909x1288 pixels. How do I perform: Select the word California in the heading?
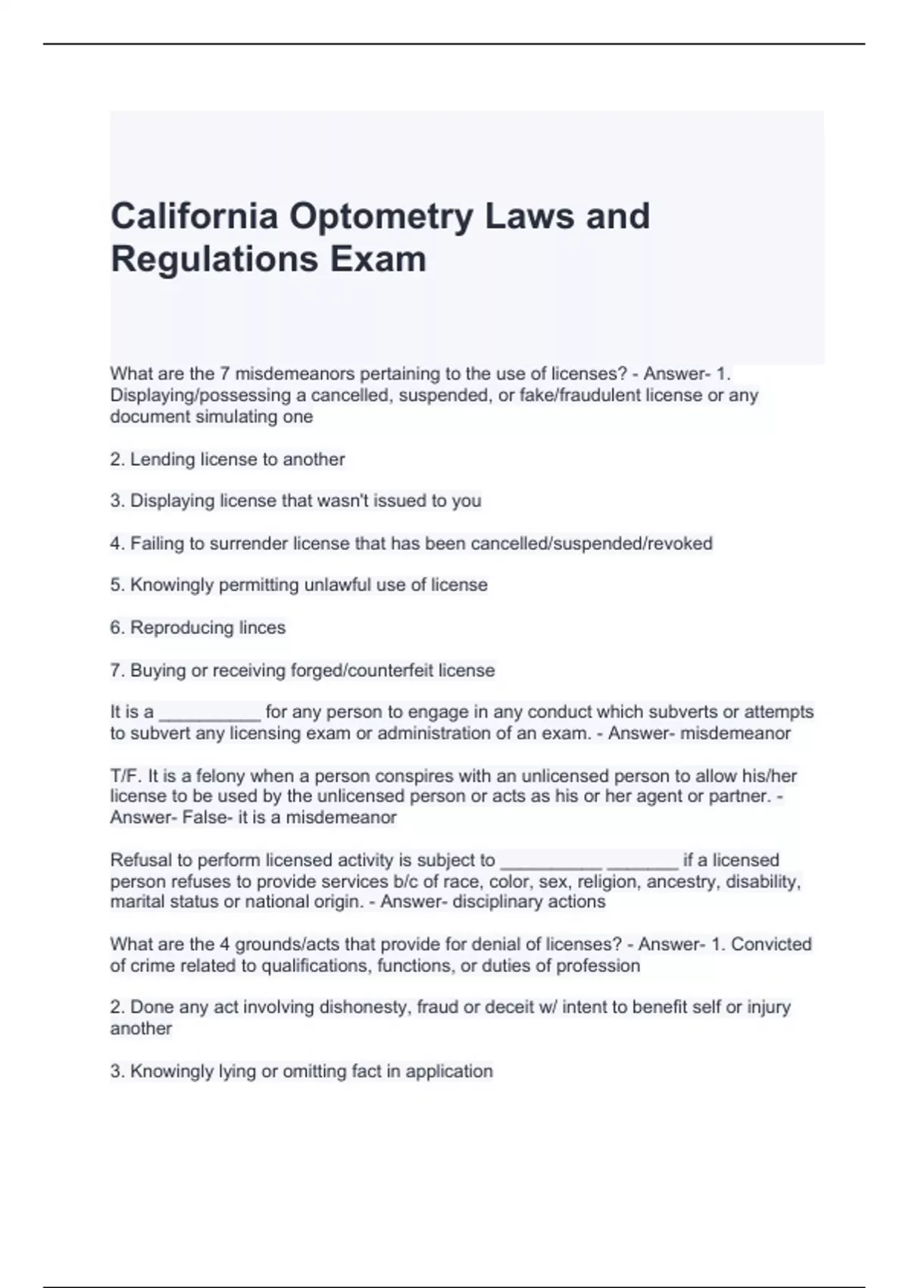195,217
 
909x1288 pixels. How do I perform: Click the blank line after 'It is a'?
210,713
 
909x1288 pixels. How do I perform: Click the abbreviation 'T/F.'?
126,777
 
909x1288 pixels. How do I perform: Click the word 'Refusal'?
141,861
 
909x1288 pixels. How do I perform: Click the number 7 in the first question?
224,374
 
